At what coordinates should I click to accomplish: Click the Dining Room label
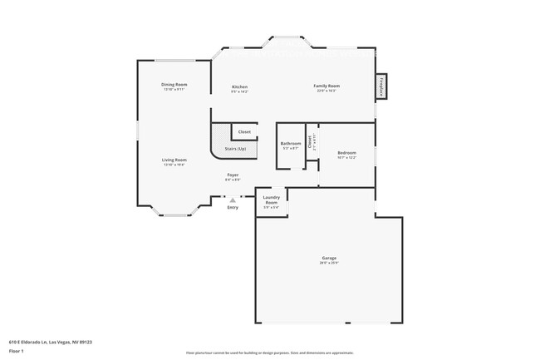pos(174,84)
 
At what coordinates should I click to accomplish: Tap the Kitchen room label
pos(239,86)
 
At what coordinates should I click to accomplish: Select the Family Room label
pos(326,86)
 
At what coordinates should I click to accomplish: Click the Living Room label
pos(174,160)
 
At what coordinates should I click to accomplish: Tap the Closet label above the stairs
pos(244,131)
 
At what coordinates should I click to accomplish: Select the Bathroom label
pos(291,143)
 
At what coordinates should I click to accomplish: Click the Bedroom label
pos(346,152)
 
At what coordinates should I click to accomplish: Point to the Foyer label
pos(233,175)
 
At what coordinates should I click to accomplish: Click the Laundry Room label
pos(272,200)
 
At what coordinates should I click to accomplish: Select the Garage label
pos(329,259)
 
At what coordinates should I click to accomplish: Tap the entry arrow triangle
pos(233,200)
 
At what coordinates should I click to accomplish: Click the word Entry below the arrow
pos(233,207)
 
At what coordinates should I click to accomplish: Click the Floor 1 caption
pos(17,352)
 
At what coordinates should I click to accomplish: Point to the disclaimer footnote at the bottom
pos(270,353)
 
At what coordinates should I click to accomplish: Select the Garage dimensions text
pos(329,264)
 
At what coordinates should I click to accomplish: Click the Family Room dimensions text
pos(326,91)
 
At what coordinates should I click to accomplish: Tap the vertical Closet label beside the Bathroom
pos(309,142)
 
